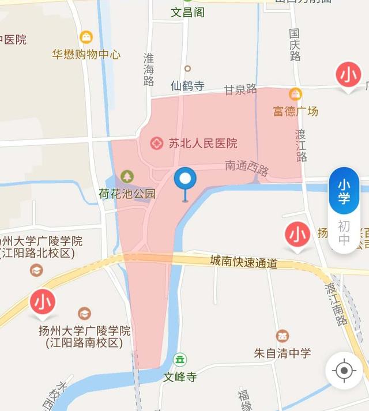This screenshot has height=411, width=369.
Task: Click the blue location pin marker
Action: tap(185, 180)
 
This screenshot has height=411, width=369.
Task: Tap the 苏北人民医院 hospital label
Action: tap(202, 144)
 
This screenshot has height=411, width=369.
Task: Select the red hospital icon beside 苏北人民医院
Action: tap(156, 143)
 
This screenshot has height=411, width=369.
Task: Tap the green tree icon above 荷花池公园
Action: tap(126, 176)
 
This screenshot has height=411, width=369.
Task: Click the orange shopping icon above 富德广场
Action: tap(295, 93)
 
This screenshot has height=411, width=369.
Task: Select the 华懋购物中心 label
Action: tap(86, 55)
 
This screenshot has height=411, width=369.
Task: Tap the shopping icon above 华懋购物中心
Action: tap(86, 37)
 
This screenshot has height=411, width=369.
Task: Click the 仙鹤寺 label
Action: tap(187, 86)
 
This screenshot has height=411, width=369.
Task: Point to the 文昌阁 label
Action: tap(187, 12)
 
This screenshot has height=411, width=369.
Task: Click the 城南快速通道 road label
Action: tap(243, 262)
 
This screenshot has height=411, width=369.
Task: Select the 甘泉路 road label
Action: tap(240, 89)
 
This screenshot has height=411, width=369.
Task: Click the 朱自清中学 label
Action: tap(283, 353)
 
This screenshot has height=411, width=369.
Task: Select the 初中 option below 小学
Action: tap(344, 232)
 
